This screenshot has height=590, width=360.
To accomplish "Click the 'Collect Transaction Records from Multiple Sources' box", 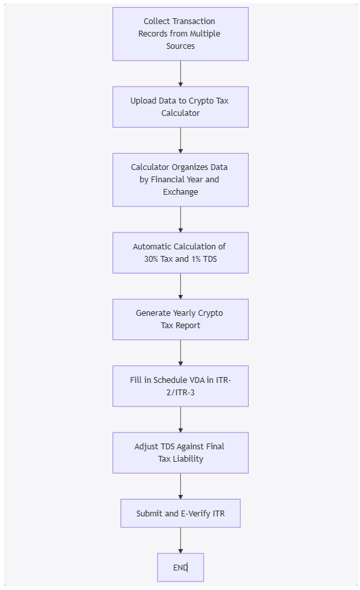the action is (x=180, y=34).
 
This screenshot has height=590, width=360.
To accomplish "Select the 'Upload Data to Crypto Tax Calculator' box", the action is (x=180, y=107).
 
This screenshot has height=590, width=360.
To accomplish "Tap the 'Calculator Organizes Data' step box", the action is (x=180, y=180).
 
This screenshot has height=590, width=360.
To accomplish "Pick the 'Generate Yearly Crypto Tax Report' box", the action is (x=180, y=320).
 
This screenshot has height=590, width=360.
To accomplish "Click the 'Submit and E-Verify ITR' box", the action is (x=180, y=513).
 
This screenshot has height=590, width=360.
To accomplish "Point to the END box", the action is (x=180, y=567).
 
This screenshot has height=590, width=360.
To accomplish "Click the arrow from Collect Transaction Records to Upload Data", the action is (x=180, y=74).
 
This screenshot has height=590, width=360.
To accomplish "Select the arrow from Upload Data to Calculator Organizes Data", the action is (x=180, y=141).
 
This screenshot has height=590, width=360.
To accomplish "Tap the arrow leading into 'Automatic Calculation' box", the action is (x=180, y=219).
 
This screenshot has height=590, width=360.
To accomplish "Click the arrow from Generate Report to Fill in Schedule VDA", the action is (x=180, y=353).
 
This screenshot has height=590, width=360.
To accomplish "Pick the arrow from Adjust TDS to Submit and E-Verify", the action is (x=180, y=486).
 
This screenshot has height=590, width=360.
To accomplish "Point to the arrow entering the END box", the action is (x=180, y=541).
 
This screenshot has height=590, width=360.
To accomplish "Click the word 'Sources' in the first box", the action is (x=180, y=46).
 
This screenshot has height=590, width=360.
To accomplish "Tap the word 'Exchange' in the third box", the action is (x=180, y=192).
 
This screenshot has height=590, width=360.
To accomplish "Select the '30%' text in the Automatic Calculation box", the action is (x=151, y=259).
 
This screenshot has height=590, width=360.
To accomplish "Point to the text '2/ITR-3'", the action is (x=180, y=393).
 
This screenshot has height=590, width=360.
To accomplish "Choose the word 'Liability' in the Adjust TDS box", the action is (x=187, y=459).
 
